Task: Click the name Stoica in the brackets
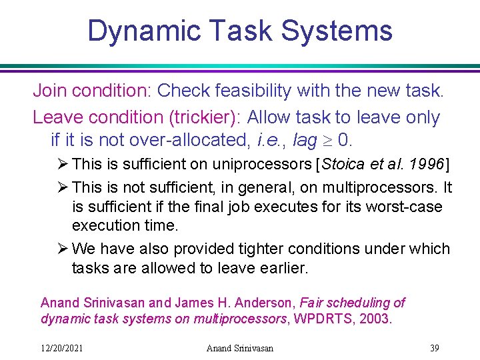(344, 164)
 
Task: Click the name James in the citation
(177, 303)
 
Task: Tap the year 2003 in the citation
(375, 319)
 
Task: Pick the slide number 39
(435, 347)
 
